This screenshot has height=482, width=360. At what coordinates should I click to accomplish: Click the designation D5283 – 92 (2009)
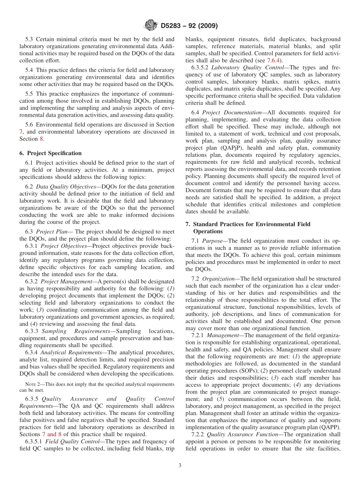189,26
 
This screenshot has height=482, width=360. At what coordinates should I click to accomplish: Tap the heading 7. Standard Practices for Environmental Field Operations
248,227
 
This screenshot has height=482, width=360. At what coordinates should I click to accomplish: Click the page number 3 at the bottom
180,465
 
